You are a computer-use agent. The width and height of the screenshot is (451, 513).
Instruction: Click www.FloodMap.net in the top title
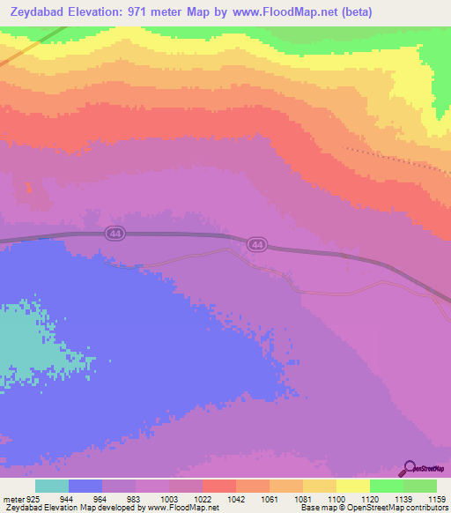pyautogui.click(x=272, y=12)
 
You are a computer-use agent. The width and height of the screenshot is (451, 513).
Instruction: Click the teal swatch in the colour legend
pyautogui.click(x=51, y=486)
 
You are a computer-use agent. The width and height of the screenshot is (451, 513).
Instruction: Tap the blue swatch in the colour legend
pyautogui.click(x=85, y=486)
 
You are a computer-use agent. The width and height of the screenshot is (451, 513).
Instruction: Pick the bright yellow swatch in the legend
pyautogui.click(x=352, y=486)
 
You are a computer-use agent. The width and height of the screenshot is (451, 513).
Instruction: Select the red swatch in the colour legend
pyautogui.click(x=218, y=486)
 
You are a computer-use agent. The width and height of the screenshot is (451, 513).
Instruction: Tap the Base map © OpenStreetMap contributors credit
pyautogui.click(x=373, y=508)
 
